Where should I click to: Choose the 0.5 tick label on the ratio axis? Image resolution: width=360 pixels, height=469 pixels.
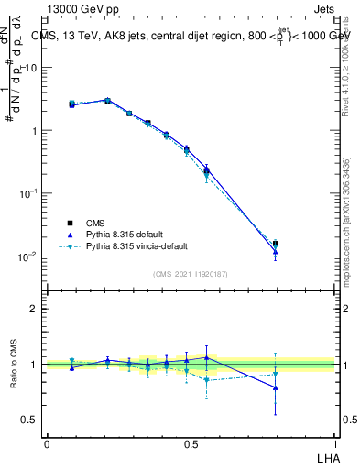pos(30,420)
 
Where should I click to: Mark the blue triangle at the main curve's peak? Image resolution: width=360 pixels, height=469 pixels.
pos(107,100)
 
